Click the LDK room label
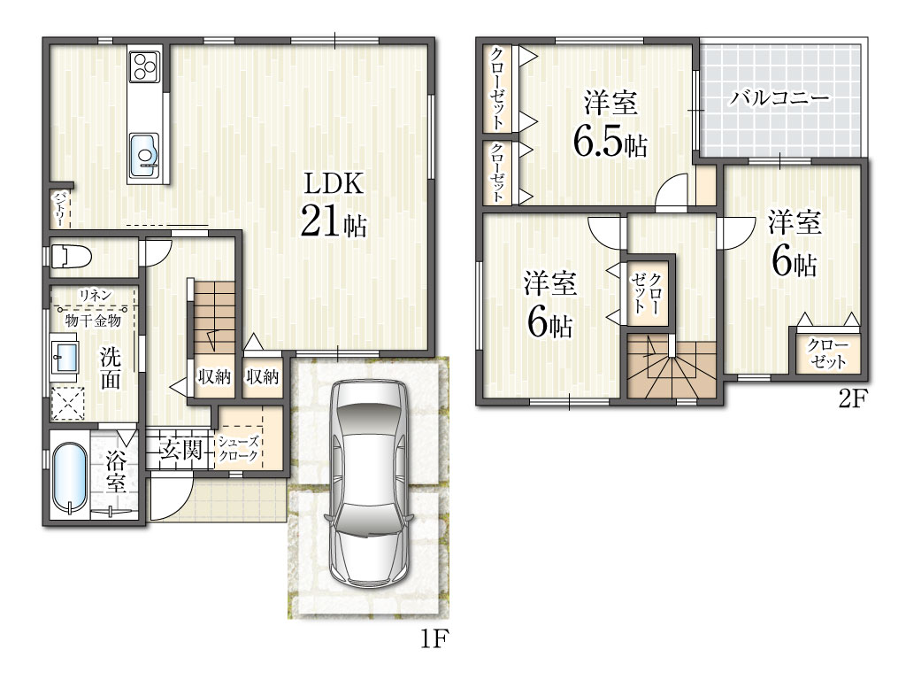click(334, 184)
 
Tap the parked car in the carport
click(369, 483)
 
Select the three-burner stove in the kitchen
click(144, 66)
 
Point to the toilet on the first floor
click(71, 256)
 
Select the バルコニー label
click(779, 97)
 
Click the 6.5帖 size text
click(610, 142)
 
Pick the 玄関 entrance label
click(180, 449)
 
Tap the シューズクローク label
click(239, 449)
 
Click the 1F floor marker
click(434, 639)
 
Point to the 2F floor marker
click(853, 399)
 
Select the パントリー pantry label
click(59, 209)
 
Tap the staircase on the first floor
click(214, 317)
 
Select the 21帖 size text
click(334, 221)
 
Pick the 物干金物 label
click(93, 320)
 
